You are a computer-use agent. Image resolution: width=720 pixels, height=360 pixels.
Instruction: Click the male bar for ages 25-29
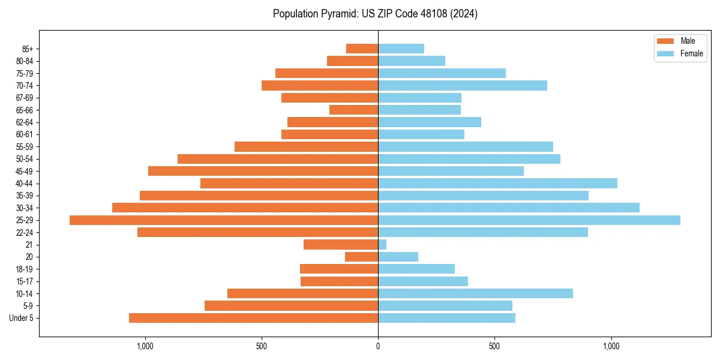(224, 220)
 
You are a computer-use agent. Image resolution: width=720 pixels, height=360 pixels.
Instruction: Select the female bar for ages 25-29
(529, 220)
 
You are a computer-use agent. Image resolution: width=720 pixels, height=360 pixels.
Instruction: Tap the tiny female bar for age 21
(382, 245)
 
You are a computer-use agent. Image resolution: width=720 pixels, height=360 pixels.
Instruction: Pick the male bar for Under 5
(253, 318)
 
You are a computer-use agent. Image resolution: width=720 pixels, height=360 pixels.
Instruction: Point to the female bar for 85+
(401, 49)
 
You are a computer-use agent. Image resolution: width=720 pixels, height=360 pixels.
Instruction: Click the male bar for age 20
(361, 257)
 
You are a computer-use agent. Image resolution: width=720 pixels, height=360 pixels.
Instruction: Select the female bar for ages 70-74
(463, 85)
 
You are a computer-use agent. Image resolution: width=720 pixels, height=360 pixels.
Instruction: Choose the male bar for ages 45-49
(263, 171)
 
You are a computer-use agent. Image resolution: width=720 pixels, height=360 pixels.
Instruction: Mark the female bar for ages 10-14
(475, 293)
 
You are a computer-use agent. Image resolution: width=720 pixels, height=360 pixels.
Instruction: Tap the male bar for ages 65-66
(353, 110)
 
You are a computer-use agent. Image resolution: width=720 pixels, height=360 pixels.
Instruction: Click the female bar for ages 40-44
(497, 184)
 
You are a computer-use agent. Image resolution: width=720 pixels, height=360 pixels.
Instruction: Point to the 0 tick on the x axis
(378, 346)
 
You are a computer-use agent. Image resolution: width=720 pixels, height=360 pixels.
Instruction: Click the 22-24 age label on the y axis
(25, 233)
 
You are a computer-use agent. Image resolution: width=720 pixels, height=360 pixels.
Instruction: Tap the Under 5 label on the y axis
(21, 318)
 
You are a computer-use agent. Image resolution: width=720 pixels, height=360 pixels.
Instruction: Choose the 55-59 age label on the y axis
(25, 147)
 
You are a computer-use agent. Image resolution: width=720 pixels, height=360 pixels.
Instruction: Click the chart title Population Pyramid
(375, 14)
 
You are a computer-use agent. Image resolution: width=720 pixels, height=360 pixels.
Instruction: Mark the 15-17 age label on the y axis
(25, 281)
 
